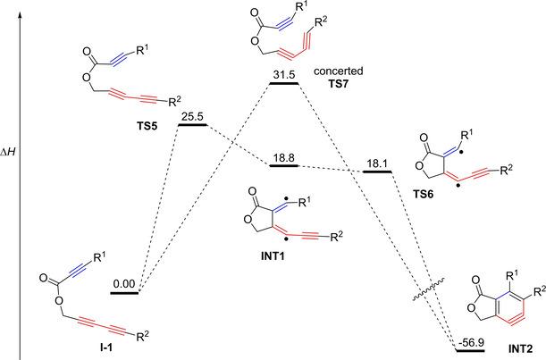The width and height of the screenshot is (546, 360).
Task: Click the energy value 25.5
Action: [x=192, y=116]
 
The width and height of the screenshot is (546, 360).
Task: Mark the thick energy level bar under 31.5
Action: [x=284, y=83]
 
